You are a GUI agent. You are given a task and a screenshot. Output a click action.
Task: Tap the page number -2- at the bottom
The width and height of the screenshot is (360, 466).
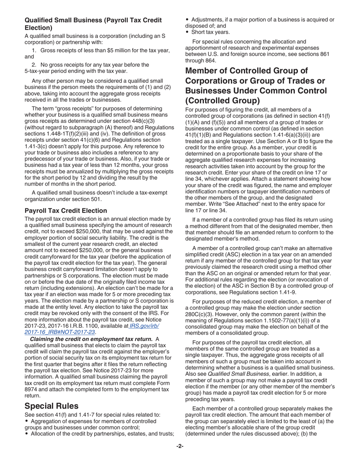180,446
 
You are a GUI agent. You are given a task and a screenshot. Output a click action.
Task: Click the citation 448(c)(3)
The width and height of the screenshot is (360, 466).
141,121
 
